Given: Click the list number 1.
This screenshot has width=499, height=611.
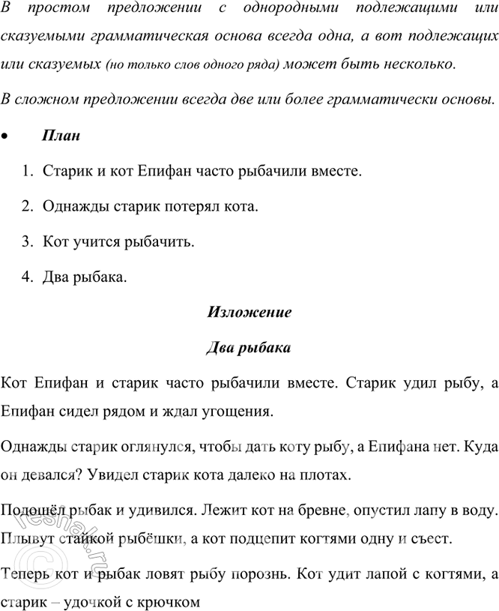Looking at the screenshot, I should pyautogui.click(x=26, y=171).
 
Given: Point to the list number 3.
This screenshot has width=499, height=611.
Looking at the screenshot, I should pyautogui.click(x=26, y=242).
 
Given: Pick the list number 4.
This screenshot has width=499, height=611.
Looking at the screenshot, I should pyautogui.click(x=26, y=278).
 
